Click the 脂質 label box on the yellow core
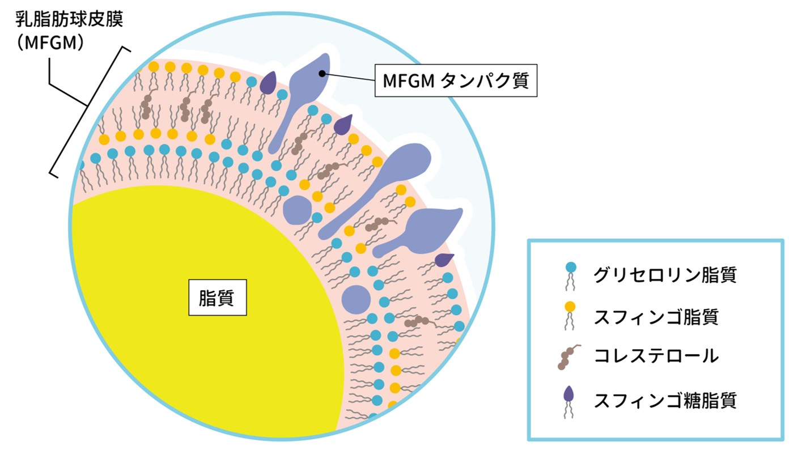coord(218,298)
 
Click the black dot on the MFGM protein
coord(321,73)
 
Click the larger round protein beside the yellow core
coord(356,298)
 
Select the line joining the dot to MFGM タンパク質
coord(349,77)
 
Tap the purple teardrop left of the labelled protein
coord(268,84)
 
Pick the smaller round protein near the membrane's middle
coord(297,210)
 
